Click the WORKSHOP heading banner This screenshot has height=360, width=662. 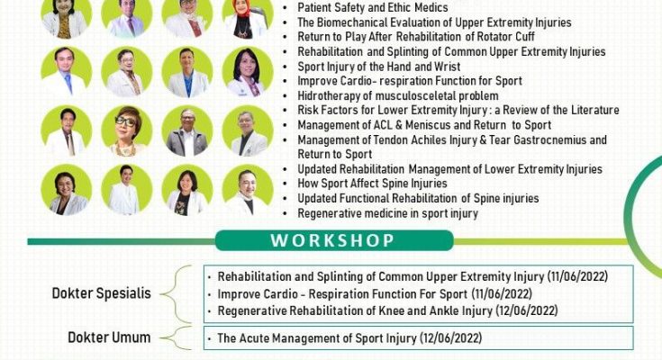click(334, 240)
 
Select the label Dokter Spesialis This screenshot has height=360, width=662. click(101, 293)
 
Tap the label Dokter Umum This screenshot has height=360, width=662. click(109, 337)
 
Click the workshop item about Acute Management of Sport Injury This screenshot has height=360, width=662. click(349, 338)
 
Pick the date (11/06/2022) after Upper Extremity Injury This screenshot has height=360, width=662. click(577, 277)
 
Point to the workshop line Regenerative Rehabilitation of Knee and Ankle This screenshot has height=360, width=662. click(387, 311)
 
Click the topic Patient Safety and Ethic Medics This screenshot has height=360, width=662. click(373, 7)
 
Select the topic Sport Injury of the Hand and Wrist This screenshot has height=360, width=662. click(378, 67)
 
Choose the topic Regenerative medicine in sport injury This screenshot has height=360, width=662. click(387, 213)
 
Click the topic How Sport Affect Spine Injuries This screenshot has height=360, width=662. click(372, 184)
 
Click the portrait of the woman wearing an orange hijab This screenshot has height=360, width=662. click(247, 18)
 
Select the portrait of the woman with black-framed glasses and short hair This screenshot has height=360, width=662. click(127, 130)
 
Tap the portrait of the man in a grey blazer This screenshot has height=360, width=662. click(187, 130)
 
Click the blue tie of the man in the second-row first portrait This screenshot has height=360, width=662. click(68, 84)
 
